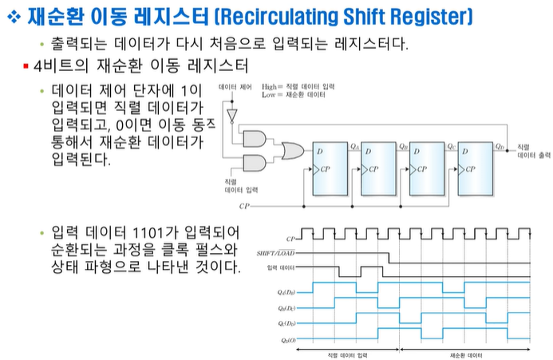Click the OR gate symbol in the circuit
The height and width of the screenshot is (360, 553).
tap(290, 151)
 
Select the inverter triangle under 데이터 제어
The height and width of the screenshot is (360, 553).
tap(232, 119)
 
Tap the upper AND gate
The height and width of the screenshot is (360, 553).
tap(255, 138)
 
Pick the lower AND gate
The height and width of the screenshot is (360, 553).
tap(255, 164)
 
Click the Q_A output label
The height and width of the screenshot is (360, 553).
tap(355, 145)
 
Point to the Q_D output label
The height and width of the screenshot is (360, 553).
tap(500, 145)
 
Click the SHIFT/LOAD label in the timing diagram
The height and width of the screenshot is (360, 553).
tap(272, 252)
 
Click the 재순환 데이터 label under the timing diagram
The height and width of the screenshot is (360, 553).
tap(465, 352)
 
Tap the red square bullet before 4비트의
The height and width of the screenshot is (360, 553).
tap(26, 64)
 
